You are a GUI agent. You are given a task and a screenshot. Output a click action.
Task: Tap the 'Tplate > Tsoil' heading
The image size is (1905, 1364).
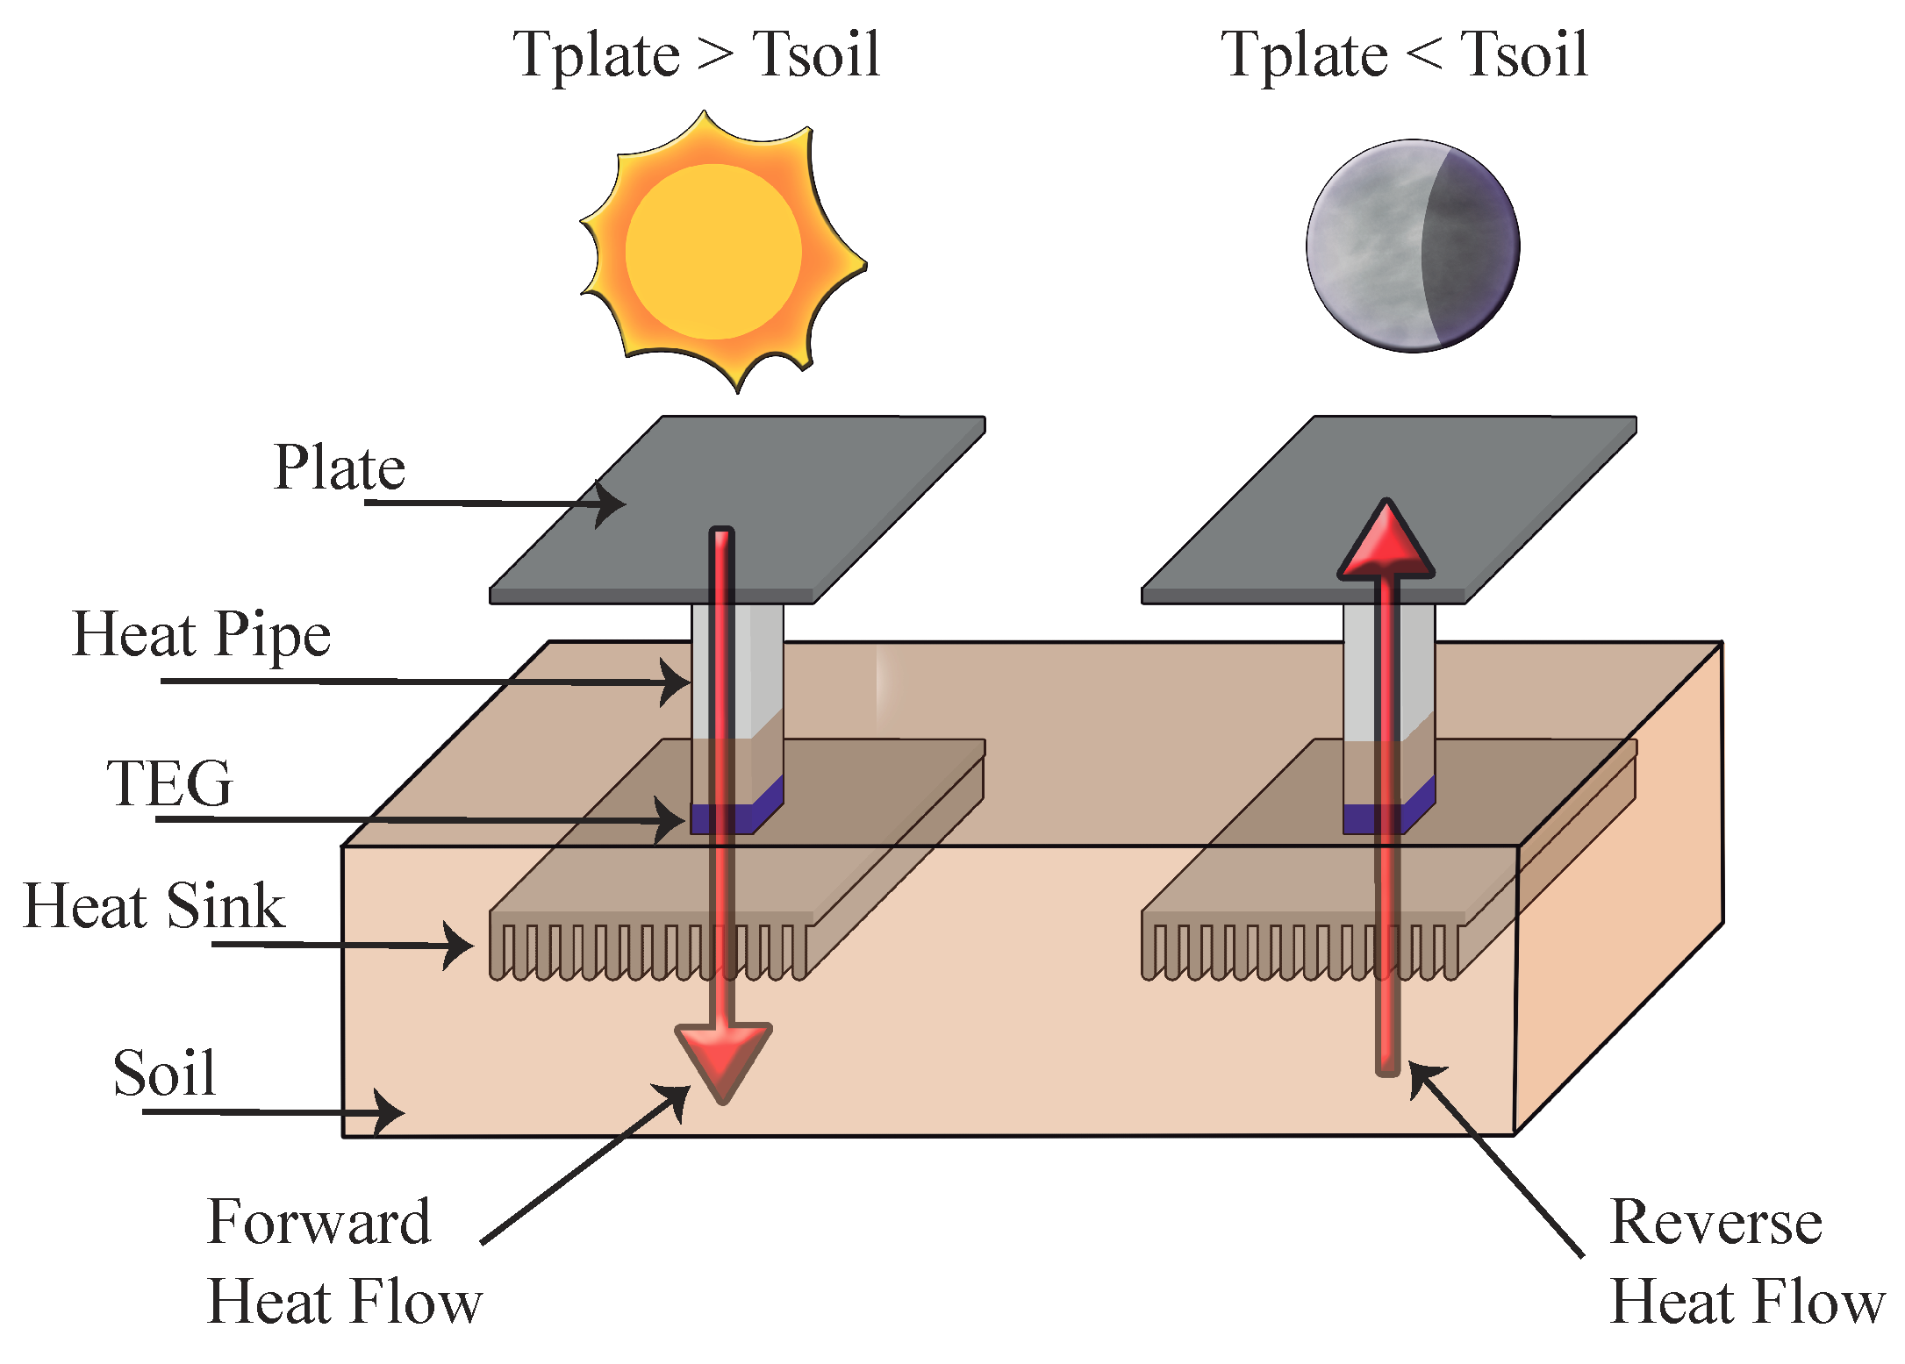pyautogui.click(x=696, y=54)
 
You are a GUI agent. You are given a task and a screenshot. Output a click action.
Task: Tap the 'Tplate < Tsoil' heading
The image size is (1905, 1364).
pyautogui.click(x=1404, y=54)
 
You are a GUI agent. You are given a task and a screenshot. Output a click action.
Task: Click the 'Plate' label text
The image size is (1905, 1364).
pyautogui.click(x=340, y=467)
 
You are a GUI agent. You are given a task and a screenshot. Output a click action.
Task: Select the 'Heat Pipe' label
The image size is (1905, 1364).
pyautogui.click(x=202, y=634)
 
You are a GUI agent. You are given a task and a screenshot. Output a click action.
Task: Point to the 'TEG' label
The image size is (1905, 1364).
pyautogui.click(x=170, y=782)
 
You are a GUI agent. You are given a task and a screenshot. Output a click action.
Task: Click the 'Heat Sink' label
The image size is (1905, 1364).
pyautogui.click(x=154, y=905)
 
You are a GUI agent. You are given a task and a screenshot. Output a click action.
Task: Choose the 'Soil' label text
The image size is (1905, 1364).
pyautogui.click(x=164, y=1073)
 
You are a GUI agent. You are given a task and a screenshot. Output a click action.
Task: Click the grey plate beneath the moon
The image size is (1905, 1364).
pyautogui.click(x=1492, y=491)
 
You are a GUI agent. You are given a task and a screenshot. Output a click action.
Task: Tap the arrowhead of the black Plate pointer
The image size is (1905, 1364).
pyautogui.click(x=614, y=503)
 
